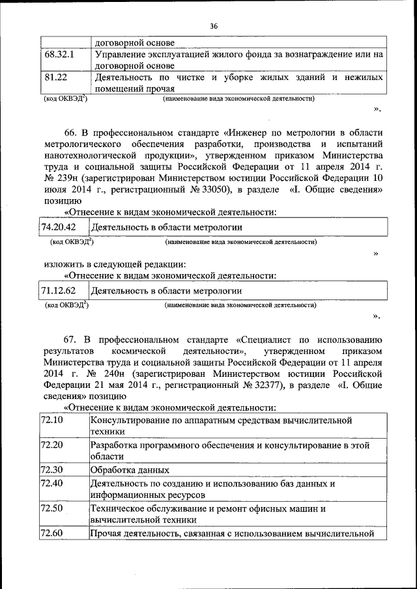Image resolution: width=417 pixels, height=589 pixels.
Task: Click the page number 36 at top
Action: [214, 26]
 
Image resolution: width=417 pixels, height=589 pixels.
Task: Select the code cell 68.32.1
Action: [60, 55]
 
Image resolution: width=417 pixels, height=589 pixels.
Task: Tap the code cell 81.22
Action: [57, 77]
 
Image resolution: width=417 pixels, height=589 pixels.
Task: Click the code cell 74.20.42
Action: [59, 227]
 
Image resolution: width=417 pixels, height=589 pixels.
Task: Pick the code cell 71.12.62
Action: [59, 291]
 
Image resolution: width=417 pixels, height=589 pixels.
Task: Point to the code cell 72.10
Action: [51, 420]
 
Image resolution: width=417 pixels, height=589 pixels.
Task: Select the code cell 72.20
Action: [51, 445]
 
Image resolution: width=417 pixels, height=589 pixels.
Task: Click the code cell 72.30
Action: [51, 469]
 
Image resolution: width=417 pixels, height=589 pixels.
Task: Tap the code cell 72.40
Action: [51, 484]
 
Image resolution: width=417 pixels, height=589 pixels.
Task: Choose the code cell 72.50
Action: [51, 508]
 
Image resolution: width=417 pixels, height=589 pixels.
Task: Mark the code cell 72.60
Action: [51, 534]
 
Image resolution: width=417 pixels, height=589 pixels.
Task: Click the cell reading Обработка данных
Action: [130, 470]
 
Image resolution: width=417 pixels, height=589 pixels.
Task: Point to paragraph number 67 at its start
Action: [70, 339]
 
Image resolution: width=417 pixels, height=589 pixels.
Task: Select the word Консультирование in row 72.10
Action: [130, 420]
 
